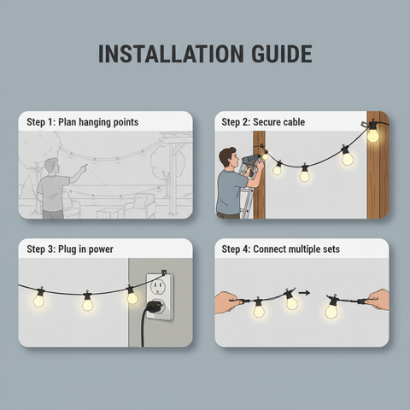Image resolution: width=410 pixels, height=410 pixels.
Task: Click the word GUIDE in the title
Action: [x=278, y=54]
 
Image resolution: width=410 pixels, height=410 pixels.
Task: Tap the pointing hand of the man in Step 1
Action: [x=83, y=167]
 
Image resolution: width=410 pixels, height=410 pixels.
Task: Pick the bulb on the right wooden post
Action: [x=372, y=134]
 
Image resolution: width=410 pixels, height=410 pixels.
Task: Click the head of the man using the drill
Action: [x=227, y=157]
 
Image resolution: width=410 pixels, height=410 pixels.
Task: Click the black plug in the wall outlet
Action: [x=155, y=307]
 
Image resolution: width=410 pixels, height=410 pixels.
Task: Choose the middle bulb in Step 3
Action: [x=87, y=302]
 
